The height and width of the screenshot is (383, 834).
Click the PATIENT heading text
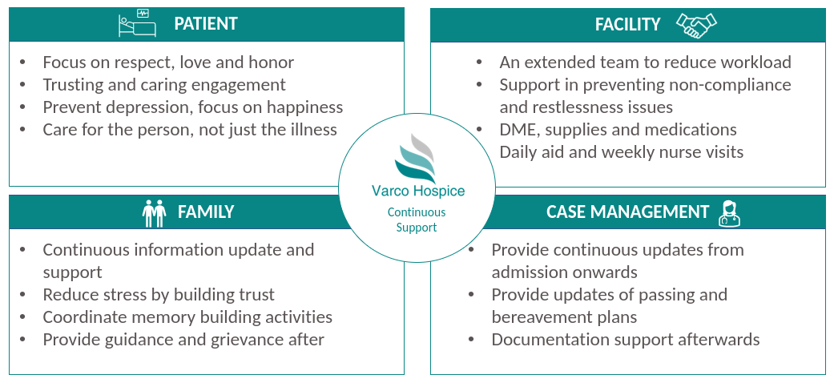pyautogui.click(x=206, y=24)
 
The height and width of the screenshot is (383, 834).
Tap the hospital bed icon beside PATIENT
pyautogui.click(x=137, y=23)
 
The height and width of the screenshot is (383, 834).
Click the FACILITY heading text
pyautogui.click(x=627, y=25)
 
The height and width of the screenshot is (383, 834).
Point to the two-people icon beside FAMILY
pyautogui.click(x=155, y=213)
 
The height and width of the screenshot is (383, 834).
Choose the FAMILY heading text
pyautogui.click(x=206, y=212)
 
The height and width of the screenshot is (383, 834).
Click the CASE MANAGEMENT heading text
pyautogui.click(x=627, y=212)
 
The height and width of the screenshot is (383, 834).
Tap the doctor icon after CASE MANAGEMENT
pyautogui.click(x=730, y=213)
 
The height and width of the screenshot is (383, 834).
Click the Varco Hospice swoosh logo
pyautogui.click(x=416, y=158)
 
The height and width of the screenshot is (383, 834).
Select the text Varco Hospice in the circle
pyautogui.click(x=418, y=191)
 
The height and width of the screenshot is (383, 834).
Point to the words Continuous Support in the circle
pyautogui.click(x=417, y=220)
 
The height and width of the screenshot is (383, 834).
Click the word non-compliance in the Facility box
pyautogui.click(x=730, y=85)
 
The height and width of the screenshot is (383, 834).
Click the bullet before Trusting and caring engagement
pyautogui.click(x=23, y=85)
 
